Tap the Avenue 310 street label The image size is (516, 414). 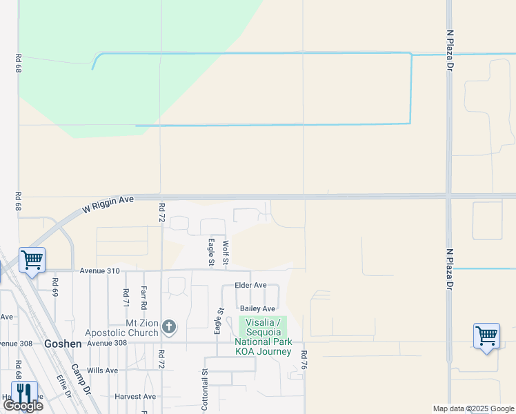[99, 270]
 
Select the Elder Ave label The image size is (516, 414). [250, 285]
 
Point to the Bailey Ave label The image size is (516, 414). [257, 308]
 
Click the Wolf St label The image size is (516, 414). [225, 252]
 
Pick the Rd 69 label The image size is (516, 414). [55, 286]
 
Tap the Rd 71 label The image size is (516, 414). [126, 297]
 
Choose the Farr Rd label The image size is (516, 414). [143, 297]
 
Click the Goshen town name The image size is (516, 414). [63, 343]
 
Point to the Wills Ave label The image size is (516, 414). [103, 371]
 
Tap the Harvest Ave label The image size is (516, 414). [136, 397]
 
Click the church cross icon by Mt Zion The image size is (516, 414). [170, 326]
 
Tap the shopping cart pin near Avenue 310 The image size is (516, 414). [32, 260]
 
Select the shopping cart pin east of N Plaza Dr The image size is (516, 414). [486, 336]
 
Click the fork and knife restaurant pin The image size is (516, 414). [24, 393]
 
